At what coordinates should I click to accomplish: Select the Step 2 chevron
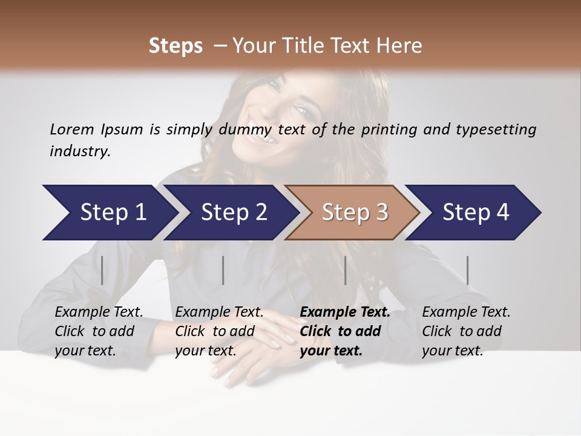[x=233, y=213]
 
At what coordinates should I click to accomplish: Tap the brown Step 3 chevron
[x=354, y=213]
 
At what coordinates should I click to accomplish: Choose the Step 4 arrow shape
[x=475, y=213]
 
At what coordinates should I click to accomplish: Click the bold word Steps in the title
[x=176, y=45]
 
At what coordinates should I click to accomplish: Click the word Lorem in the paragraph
[x=71, y=129]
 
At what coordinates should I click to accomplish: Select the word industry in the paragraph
[x=80, y=151]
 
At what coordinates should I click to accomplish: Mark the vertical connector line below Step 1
[x=102, y=270]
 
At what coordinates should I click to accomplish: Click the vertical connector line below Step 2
[x=223, y=270]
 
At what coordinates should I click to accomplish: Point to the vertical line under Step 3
[x=345, y=270]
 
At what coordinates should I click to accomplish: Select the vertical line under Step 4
[x=467, y=270]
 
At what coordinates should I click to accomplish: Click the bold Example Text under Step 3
[x=345, y=312]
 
